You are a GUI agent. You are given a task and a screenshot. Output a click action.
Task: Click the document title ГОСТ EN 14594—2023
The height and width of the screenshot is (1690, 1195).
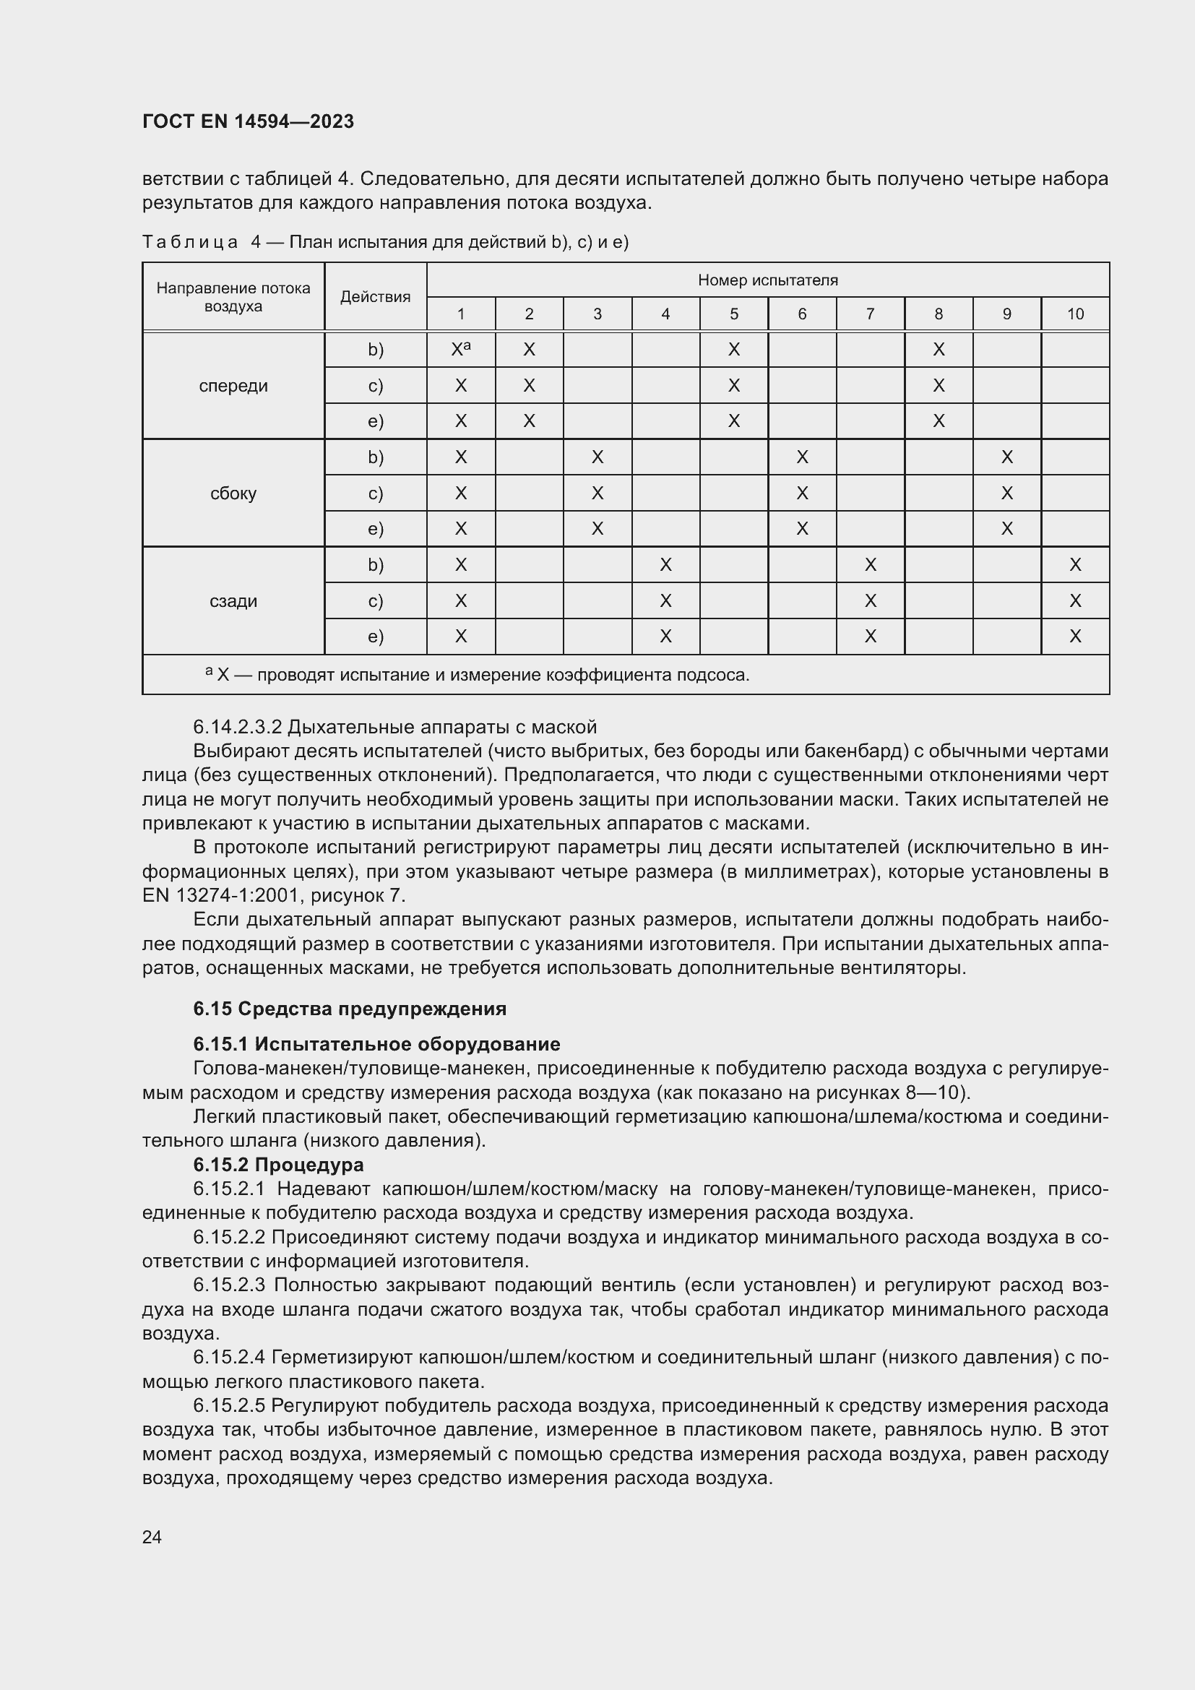point(248,121)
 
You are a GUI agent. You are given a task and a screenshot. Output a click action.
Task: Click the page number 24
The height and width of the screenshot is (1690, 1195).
point(152,1537)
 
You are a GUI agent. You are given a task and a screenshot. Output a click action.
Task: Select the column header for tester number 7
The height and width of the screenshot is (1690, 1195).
point(870,314)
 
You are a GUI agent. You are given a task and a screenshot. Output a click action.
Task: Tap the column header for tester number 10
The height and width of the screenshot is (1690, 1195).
point(1075,314)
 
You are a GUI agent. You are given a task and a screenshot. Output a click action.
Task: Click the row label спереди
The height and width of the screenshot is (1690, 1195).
point(233,386)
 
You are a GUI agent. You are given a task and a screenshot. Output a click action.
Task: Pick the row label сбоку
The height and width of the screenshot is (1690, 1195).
point(233,493)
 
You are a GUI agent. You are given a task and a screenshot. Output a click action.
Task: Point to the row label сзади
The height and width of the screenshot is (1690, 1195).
point(233,601)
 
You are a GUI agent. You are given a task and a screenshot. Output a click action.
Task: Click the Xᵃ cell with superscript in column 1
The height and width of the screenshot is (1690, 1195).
point(461,350)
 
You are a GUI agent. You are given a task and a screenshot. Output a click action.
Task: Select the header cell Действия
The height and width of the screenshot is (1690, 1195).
point(375,297)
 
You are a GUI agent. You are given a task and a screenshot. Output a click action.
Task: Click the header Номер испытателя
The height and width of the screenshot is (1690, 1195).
point(767,280)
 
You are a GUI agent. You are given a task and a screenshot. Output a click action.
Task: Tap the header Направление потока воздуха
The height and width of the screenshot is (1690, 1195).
point(233,297)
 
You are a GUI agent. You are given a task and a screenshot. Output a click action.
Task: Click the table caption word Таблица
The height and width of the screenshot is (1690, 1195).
point(190,242)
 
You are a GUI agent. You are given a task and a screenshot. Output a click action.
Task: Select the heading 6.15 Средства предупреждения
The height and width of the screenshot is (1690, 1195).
point(350,1009)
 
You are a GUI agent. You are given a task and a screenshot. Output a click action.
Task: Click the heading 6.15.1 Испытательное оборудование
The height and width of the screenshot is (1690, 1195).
point(376,1044)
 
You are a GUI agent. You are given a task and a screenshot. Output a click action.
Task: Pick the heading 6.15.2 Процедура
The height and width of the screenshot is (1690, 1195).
point(278,1165)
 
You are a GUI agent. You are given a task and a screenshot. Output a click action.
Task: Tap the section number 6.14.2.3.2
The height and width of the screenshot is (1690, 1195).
point(237,728)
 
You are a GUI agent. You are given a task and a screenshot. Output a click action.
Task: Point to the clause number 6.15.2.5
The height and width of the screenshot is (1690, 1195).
point(228,1405)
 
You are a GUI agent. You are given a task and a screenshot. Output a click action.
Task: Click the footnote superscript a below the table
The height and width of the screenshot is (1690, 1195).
point(209,671)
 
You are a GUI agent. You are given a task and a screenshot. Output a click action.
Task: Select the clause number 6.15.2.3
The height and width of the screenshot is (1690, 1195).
point(228,1285)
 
